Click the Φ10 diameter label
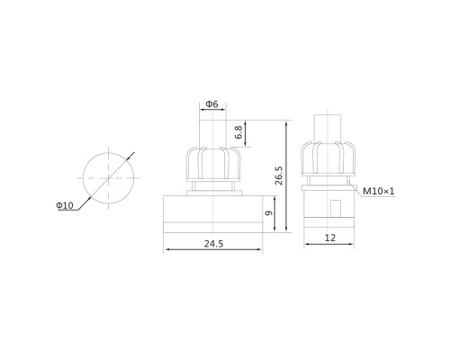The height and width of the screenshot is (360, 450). coord(65,205)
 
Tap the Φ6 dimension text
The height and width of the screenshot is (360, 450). coord(211,104)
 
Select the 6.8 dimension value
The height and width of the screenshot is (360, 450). coord(238,132)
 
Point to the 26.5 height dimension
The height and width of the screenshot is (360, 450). coord(279,175)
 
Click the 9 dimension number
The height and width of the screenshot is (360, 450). coord(269,213)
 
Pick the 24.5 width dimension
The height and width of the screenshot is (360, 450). coord(213,244)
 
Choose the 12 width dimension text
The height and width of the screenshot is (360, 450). coord(330,238)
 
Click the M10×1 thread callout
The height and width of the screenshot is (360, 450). coord(379,191)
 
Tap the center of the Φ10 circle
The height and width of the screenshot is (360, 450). coord(108,178)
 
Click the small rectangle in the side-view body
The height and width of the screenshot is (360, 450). coord(336,209)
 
